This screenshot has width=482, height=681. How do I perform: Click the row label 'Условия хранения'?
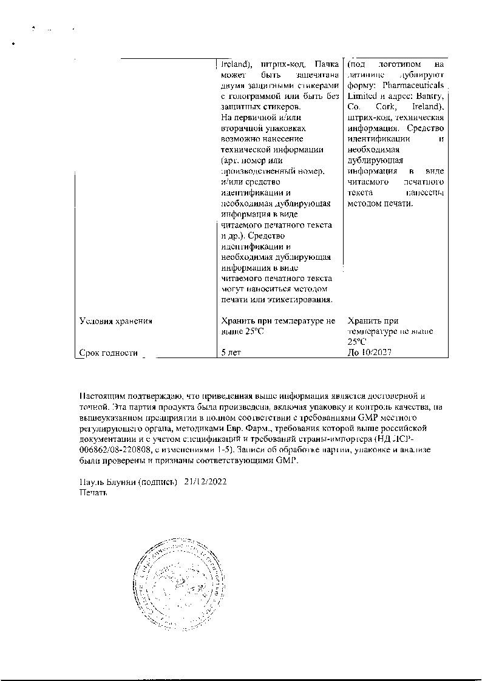click(x=115, y=321)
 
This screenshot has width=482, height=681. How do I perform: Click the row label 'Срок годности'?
click(x=109, y=353)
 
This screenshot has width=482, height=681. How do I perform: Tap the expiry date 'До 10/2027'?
click(x=370, y=353)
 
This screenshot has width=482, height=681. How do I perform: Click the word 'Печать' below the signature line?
click(x=93, y=493)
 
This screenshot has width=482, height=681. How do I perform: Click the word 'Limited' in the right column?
click(x=362, y=97)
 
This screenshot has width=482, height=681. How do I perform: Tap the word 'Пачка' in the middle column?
click(x=322, y=64)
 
